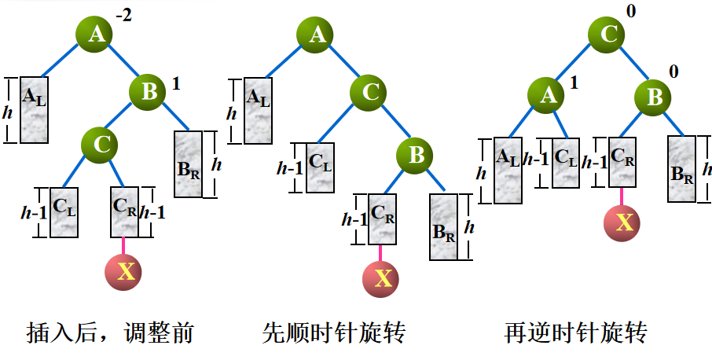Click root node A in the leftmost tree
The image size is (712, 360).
(x=96, y=35)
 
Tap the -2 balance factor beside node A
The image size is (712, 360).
(x=123, y=15)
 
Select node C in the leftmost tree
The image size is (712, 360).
(x=101, y=145)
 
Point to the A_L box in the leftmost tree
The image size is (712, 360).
(x=35, y=110)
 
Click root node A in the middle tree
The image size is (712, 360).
(x=317, y=35)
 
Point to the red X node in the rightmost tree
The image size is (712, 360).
(x=624, y=222)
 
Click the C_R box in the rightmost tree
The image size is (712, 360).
(x=623, y=162)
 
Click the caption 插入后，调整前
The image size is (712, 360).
(x=109, y=333)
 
